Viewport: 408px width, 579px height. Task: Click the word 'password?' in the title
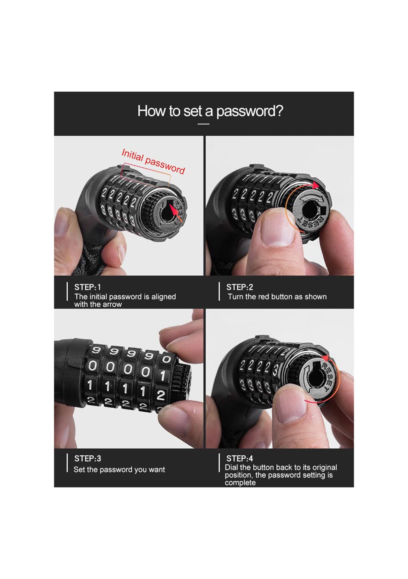pos(250,111)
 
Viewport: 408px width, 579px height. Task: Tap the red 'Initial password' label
pos(153,161)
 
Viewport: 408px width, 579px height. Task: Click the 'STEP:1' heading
pos(87,287)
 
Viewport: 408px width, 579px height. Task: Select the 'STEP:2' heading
pos(239,287)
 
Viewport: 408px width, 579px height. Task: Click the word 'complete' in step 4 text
pos(240,483)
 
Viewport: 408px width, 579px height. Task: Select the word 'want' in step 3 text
pos(157,470)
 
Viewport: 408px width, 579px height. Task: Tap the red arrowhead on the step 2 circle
pos(315,185)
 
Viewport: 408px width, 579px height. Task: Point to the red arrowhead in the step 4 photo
pos(326,359)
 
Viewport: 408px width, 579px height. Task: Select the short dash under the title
pos(204,124)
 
